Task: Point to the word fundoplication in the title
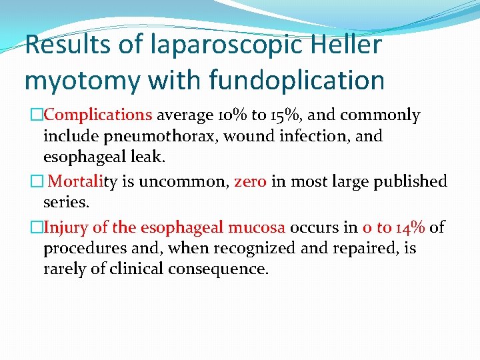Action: [x=297, y=80]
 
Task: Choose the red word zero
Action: [x=250, y=181]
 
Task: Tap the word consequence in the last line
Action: [x=220, y=270]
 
